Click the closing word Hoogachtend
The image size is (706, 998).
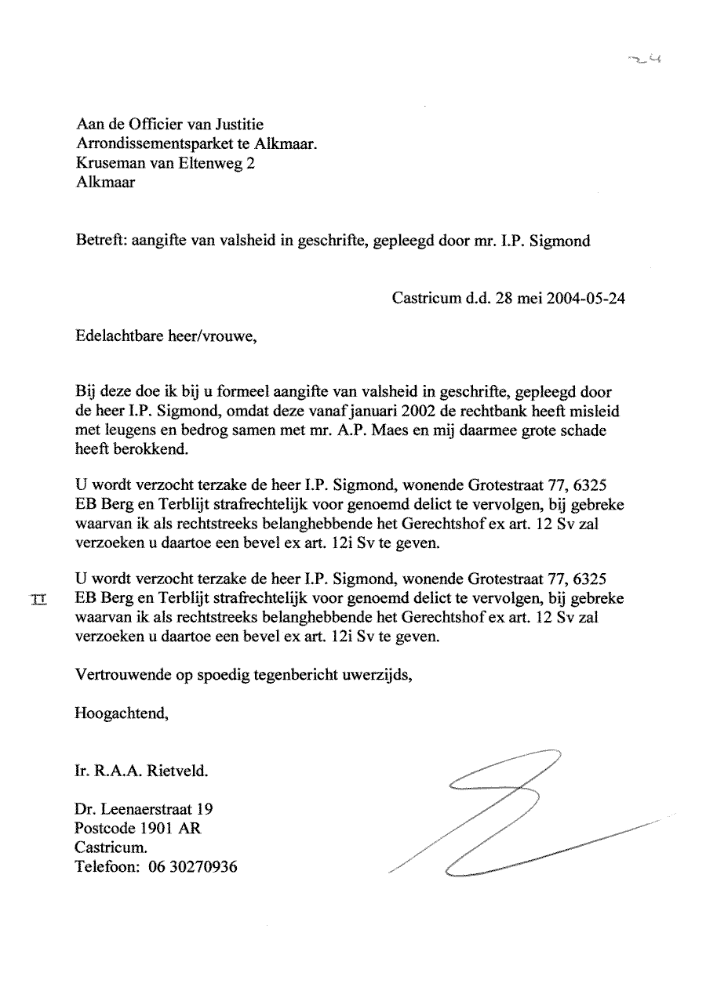coord(121,714)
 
